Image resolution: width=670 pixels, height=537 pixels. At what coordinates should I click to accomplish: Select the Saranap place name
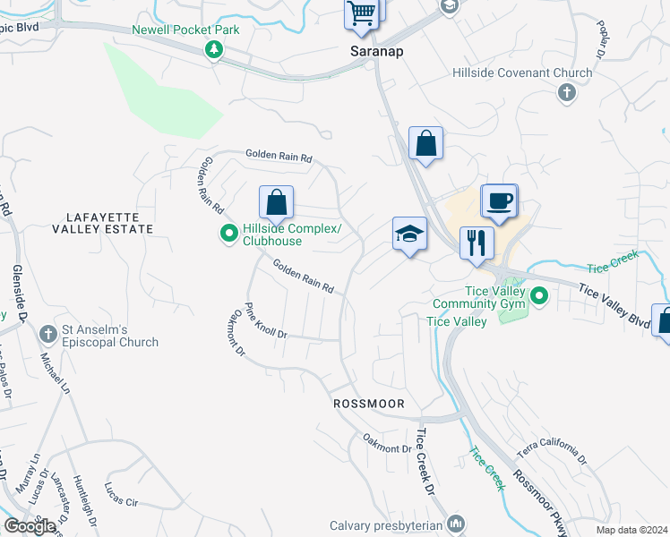click(x=376, y=52)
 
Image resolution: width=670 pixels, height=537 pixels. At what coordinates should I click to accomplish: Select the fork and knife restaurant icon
click(x=477, y=243)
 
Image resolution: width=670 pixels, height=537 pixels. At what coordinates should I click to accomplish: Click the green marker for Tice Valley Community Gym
click(x=539, y=294)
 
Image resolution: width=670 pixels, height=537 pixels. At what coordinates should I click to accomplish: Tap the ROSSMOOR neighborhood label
click(x=370, y=404)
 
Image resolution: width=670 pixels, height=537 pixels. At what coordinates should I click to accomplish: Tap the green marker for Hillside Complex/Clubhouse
click(x=228, y=235)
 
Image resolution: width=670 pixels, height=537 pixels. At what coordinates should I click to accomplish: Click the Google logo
click(x=30, y=525)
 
